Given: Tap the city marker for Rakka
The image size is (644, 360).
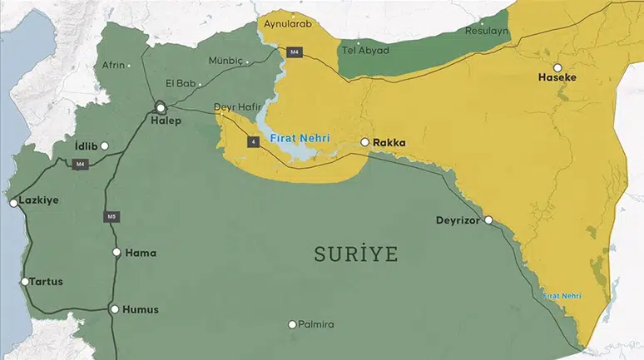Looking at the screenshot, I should pos(364,142).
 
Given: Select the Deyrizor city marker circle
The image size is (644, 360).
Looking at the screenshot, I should pos(488,220).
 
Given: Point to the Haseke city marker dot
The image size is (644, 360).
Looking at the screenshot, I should pos(557,67).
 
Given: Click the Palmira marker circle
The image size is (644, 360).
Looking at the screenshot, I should pos(292,324).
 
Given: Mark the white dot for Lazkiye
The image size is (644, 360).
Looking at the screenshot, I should pos(13,202).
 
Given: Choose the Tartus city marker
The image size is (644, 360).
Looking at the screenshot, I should pos(25,282).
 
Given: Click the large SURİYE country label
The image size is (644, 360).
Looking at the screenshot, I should pos(355,254).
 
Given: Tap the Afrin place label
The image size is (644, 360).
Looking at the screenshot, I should pos(113,65).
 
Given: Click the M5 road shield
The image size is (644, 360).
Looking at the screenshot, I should pos(111,217).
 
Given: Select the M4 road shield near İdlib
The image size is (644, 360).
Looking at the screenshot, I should pos(80,164).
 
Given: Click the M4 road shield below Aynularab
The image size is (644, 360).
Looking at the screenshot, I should pos(294,52).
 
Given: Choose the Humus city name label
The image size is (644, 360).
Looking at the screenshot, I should pos(140,309).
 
